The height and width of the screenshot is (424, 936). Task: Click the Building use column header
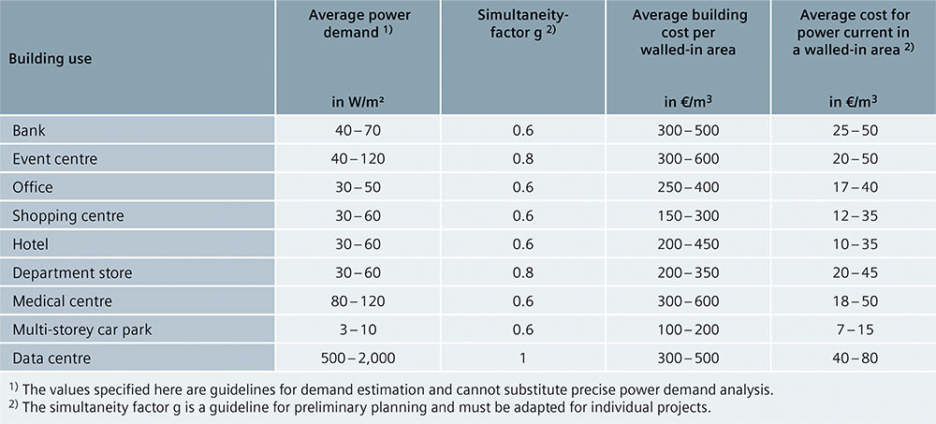point(51,58)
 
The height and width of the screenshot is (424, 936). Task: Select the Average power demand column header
point(357,23)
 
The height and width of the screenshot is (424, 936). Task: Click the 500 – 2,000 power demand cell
point(357,358)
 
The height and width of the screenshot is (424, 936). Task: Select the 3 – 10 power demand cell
point(357,329)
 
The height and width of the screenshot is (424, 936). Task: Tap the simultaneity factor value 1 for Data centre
point(522,358)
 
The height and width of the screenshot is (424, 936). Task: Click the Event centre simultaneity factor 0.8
point(522,159)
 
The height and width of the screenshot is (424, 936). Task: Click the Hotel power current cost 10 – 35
point(853,244)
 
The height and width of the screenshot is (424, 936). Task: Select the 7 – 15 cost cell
point(853,329)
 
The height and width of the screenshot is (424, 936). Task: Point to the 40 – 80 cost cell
point(853,358)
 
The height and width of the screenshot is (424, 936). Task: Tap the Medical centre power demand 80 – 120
point(357,301)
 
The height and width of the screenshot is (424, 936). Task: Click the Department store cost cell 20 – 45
point(853,272)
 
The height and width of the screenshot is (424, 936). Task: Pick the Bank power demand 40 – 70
point(357,131)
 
